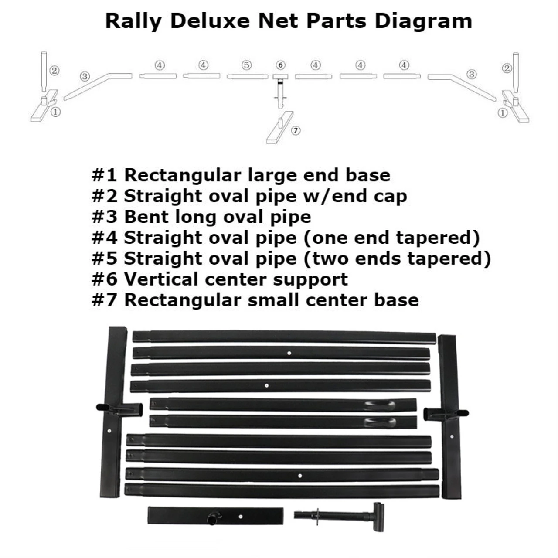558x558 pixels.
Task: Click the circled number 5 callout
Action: (246, 65)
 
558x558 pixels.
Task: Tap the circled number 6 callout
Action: (280, 65)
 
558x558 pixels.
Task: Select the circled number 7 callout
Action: (296, 131)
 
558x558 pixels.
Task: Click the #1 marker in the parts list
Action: (104, 175)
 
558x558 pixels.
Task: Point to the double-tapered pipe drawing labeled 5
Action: (248, 76)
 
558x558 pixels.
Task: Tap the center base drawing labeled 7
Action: (280, 127)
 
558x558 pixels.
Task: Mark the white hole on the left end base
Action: (109, 431)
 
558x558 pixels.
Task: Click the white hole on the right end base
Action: (452, 436)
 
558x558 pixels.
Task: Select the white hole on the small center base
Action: (241, 516)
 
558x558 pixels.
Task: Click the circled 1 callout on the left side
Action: (56, 112)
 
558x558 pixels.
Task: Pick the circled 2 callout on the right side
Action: (507, 68)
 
